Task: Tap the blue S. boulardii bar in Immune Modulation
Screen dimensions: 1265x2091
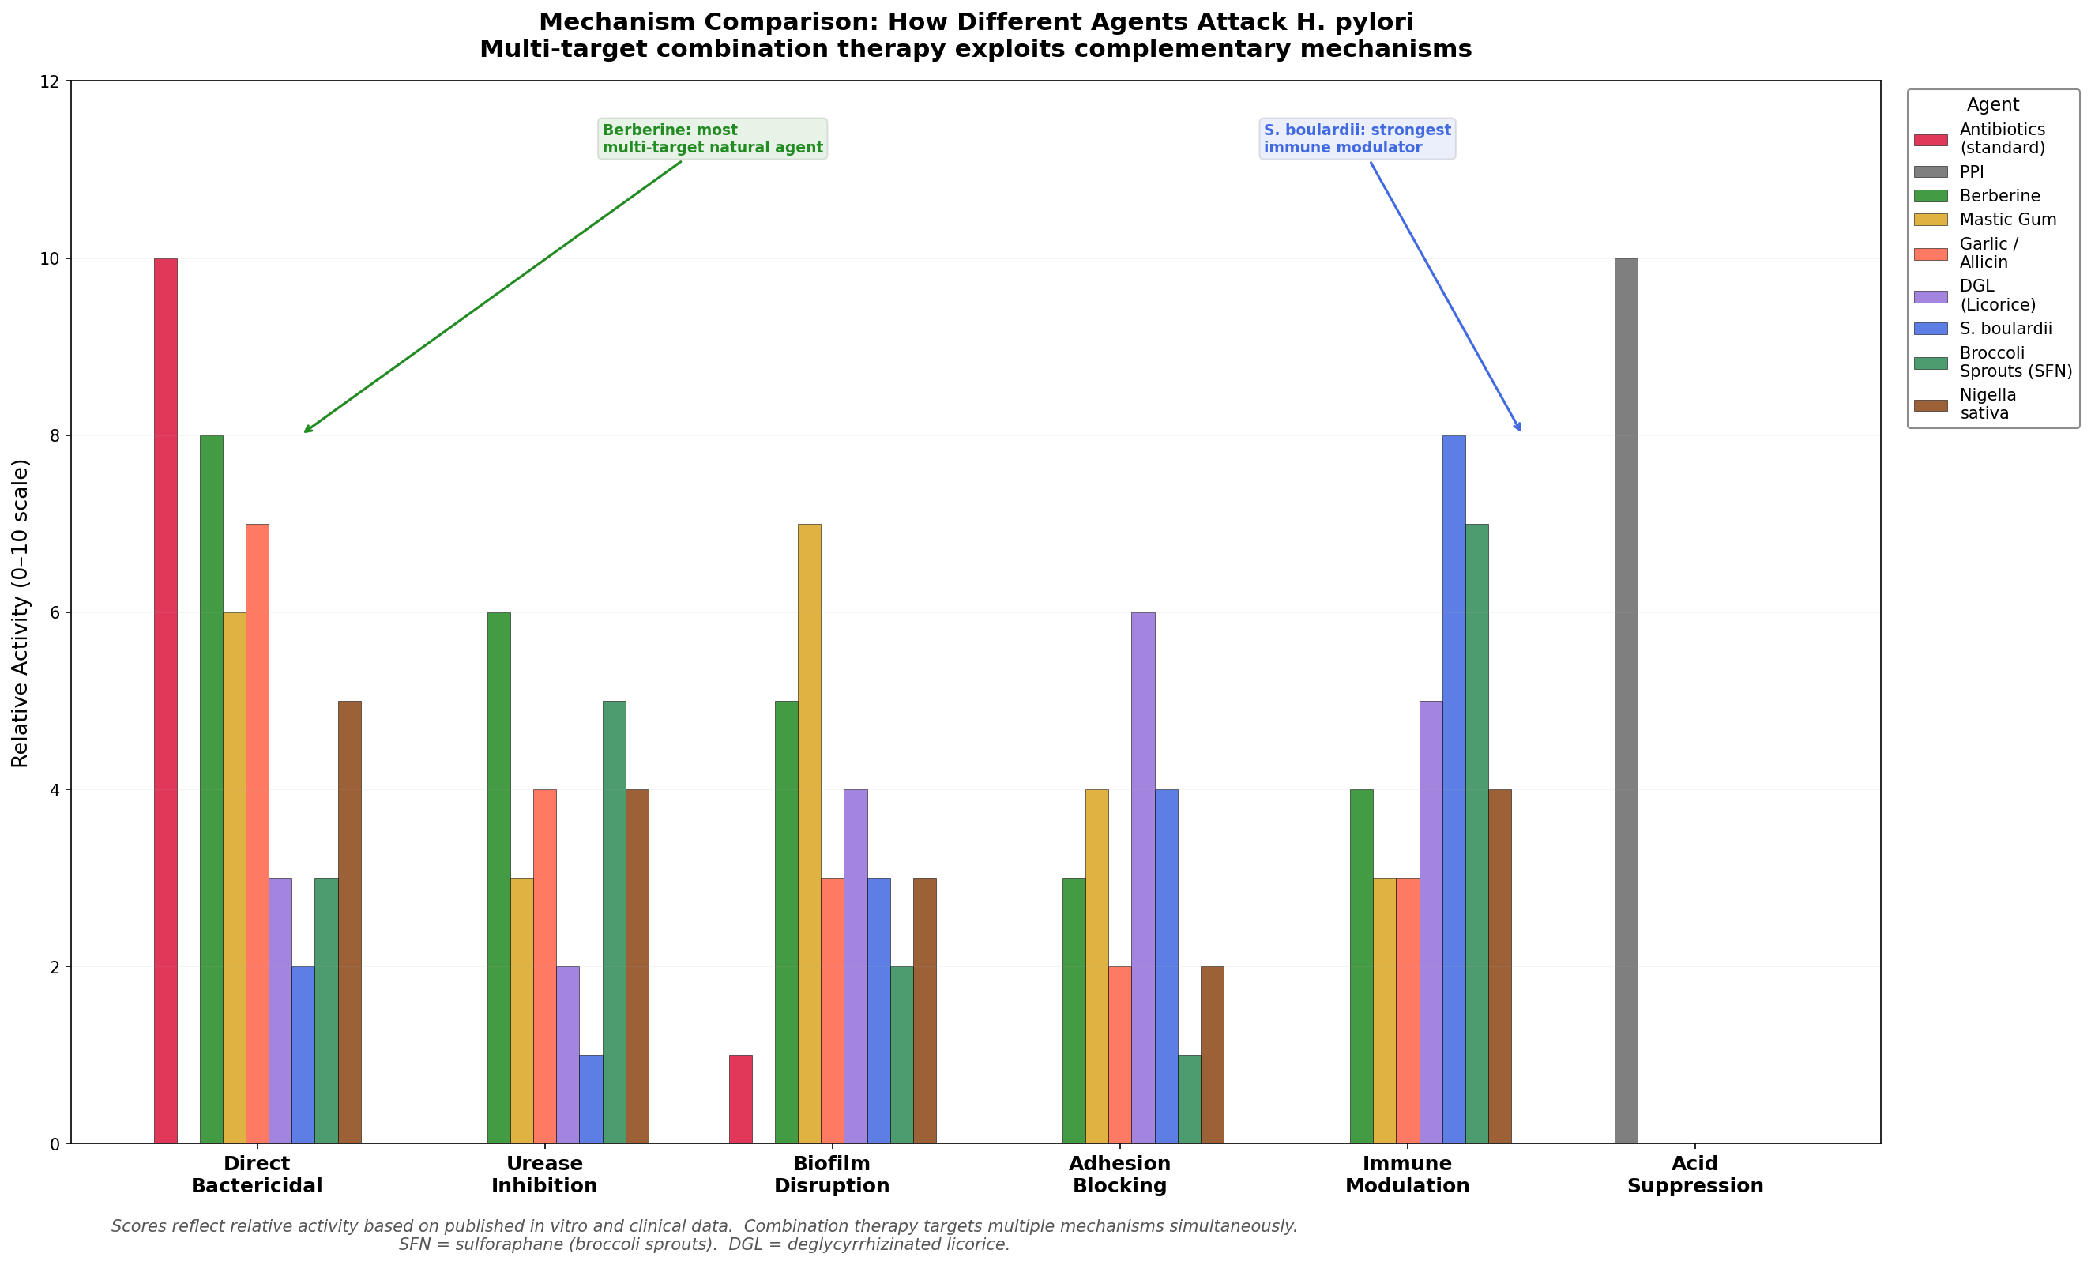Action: click(1454, 789)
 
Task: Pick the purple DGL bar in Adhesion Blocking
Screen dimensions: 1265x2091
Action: click(1143, 878)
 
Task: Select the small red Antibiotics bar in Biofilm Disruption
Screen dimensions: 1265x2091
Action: click(740, 1099)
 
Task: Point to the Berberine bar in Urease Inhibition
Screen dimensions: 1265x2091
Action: click(499, 878)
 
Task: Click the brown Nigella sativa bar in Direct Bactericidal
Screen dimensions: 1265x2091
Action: click(350, 922)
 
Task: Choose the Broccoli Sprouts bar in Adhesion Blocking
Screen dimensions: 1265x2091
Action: click(1189, 1099)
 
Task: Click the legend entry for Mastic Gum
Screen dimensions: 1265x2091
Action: click(2007, 220)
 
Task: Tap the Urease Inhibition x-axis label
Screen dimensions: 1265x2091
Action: click(544, 1174)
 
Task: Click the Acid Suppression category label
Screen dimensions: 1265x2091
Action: click(1694, 1174)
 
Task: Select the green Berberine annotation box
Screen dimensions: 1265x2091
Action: click(712, 139)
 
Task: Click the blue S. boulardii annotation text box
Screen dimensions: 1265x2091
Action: click(1357, 139)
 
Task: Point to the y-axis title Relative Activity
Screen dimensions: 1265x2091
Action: click(21, 613)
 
